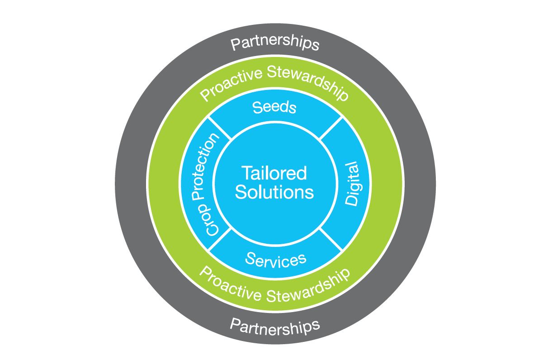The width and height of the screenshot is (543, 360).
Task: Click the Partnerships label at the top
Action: click(x=275, y=44)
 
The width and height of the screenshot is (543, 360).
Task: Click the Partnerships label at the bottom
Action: click(x=275, y=325)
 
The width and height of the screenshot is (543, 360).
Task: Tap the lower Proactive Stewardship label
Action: click(x=275, y=284)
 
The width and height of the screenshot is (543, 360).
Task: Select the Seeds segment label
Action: click(x=274, y=108)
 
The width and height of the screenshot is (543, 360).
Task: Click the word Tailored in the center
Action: click(x=274, y=173)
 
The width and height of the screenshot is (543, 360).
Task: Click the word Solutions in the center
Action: click(x=275, y=192)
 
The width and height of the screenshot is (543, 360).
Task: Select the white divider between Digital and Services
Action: click(x=331, y=239)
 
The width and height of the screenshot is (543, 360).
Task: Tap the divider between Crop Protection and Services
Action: click(x=220, y=239)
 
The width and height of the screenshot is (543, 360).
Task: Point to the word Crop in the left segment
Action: click(x=212, y=222)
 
